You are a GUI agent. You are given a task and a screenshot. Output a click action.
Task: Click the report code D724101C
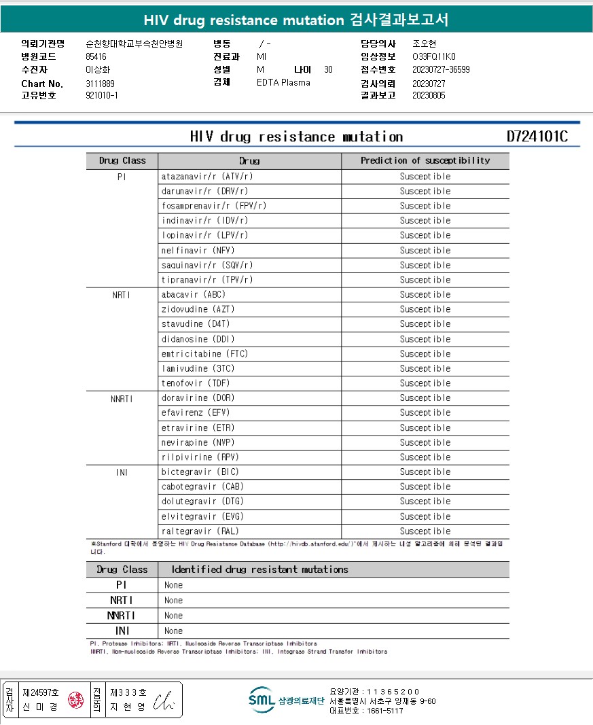click(537, 137)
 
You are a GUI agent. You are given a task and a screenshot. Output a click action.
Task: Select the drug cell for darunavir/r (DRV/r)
click(204, 191)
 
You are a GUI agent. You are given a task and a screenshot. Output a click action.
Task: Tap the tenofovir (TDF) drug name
click(196, 383)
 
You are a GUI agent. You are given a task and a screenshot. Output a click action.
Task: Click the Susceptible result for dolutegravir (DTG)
click(425, 501)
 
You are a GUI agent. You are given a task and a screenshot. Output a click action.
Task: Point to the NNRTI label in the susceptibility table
click(122, 398)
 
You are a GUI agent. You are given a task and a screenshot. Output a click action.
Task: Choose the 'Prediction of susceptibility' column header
click(425, 161)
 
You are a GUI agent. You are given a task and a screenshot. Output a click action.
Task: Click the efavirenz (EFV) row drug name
click(196, 412)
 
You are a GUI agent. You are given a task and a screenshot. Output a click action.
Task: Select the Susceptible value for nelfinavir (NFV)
click(425, 250)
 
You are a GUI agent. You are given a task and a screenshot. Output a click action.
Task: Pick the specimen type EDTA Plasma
click(283, 82)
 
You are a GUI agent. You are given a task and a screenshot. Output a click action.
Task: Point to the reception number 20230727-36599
click(441, 69)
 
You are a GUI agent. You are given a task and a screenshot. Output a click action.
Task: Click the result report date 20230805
click(429, 96)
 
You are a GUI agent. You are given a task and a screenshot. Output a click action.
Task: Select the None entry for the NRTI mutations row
click(173, 601)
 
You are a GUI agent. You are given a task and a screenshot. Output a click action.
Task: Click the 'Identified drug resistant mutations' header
click(259, 569)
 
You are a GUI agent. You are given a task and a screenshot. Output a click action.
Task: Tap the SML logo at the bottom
click(262, 699)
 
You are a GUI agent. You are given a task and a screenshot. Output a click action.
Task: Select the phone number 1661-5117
click(384, 711)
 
